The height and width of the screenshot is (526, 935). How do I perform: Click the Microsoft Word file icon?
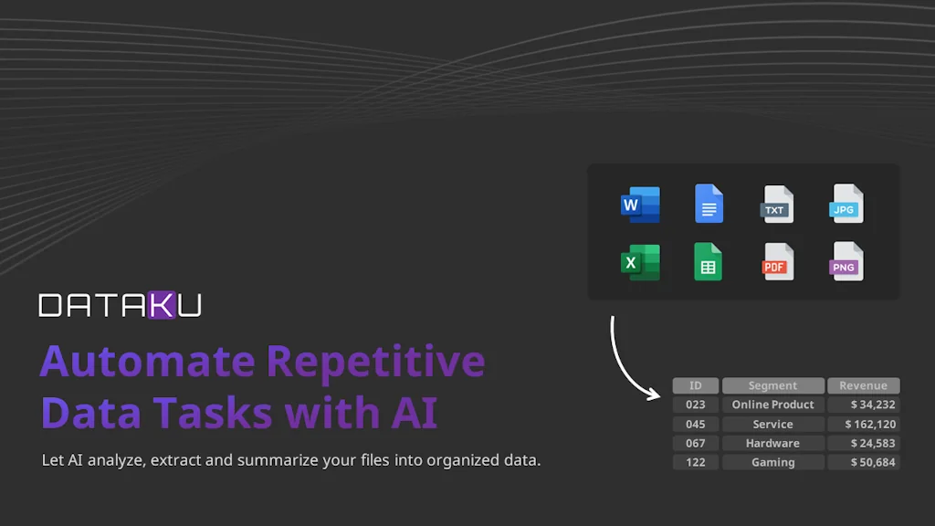click(640, 205)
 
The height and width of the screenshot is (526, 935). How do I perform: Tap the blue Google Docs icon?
click(709, 204)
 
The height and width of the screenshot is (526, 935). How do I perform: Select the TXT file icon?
click(778, 204)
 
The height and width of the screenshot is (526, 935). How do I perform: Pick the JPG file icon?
click(846, 204)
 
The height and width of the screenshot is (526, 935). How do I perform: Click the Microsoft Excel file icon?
click(640, 262)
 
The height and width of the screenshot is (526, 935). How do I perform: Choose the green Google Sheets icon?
click(709, 261)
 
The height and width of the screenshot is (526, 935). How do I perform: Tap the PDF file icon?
click(778, 261)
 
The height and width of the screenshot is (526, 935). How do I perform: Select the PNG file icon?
click(846, 261)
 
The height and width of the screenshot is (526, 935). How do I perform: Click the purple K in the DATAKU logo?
click(163, 305)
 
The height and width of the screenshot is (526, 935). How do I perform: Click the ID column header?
click(695, 386)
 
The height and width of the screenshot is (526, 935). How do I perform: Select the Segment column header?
click(772, 386)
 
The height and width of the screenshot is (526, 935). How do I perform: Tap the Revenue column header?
click(864, 386)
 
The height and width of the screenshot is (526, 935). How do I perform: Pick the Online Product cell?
click(772, 405)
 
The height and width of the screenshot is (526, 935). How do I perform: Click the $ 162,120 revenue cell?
click(864, 424)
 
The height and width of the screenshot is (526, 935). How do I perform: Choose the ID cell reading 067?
click(695, 443)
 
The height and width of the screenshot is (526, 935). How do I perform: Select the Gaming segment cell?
click(772, 462)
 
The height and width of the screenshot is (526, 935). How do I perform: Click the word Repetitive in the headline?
click(375, 363)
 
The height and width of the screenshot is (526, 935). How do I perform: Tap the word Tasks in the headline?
click(213, 412)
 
